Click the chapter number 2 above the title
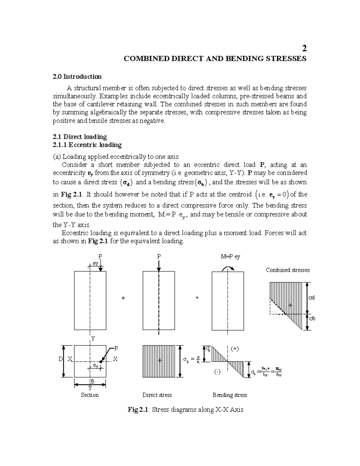304,49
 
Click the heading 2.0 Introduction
77,77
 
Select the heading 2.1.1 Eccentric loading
87,145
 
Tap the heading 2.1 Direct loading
79,137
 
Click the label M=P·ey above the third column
230,257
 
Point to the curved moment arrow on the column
228,268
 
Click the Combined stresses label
288,270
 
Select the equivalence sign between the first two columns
123,298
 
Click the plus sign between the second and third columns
197,298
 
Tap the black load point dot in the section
101,362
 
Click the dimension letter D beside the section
61,359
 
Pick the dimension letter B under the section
92,381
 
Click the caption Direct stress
157,395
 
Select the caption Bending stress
230,395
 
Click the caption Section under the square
90,395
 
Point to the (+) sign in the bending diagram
235,349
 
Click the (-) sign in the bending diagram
217,372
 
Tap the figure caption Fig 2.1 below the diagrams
185,410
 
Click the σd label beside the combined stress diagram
312,298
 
